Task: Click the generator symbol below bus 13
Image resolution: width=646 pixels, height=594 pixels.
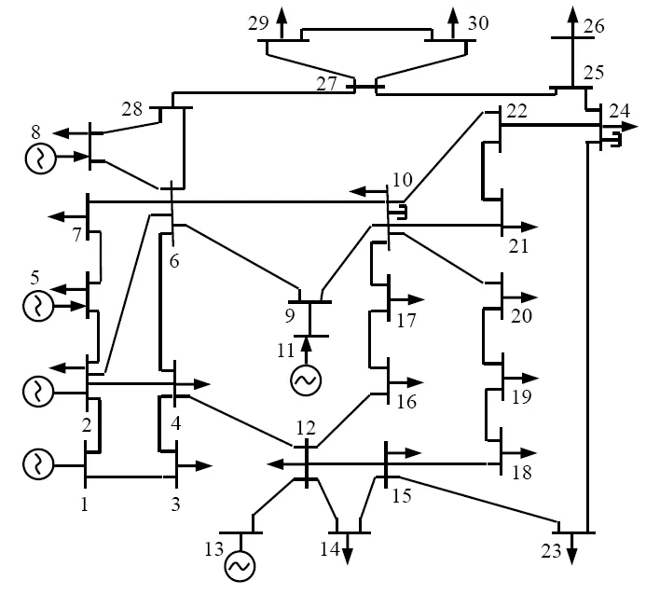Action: [239, 565]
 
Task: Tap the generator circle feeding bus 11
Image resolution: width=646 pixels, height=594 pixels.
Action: [305, 380]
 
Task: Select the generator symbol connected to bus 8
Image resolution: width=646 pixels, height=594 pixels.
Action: [40, 159]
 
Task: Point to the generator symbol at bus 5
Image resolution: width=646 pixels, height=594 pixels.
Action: [40, 305]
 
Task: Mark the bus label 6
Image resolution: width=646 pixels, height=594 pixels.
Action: [175, 262]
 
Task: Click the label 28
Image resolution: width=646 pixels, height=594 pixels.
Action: [132, 110]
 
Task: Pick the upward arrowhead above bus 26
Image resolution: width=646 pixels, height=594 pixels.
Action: [570, 11]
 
